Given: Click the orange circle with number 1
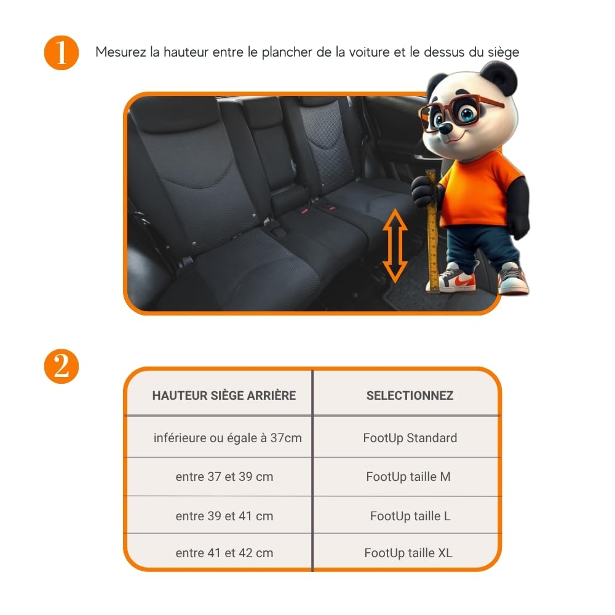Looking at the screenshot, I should tap(61, 53).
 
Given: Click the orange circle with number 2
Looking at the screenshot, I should tap(61, 367).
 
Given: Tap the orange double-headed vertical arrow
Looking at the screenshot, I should tap(395, 245).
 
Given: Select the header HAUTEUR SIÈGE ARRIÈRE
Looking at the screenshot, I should tap(224, 395).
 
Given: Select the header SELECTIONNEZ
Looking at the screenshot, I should tap(410, 395).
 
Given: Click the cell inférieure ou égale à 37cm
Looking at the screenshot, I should tap(228, 438).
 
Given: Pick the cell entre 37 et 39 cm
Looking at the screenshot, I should tap(224, 477).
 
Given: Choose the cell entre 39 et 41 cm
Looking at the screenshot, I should tap(224, 516).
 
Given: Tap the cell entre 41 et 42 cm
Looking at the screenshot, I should tap(224, 553).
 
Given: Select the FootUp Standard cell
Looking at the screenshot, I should tap(410, 438).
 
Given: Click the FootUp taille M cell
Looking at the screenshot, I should tap(408, 477).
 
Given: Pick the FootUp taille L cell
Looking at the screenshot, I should tap(410, 516).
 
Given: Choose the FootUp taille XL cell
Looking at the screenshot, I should tap(408, 553).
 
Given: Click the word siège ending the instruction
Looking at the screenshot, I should tap(502, 52).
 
